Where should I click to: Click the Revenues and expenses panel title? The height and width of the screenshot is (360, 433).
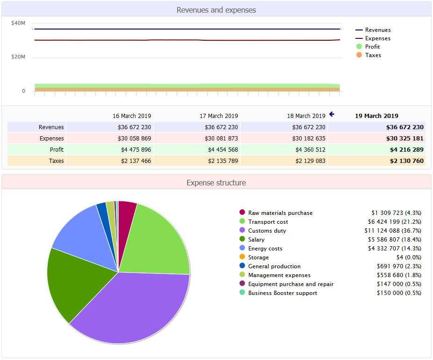tap(216, 10)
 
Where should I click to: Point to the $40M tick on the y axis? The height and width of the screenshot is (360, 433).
tap(18, 23)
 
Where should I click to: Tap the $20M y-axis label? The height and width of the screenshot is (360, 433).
tap(18, 57)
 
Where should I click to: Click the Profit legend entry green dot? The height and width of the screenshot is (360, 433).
tap(359, 47)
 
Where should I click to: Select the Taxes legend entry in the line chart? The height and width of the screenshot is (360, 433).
tap(373, 55)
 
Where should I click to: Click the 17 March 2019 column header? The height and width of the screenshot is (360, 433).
tap(218, 116)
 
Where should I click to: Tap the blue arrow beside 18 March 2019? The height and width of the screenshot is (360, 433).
tap(332, 114)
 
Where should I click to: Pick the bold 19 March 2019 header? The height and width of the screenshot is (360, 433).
tap(376, 116)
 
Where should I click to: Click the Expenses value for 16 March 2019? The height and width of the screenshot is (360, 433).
tap(134, 139)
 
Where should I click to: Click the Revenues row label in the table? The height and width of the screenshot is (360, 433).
tap(51, 127)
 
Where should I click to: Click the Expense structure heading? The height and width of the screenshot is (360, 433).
tap(216, 183)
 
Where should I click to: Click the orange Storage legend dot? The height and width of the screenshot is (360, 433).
tap(242, 257)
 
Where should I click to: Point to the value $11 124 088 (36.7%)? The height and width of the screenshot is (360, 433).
tap(393, 231)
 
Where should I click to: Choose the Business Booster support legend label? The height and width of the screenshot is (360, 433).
tap(282, 293)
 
